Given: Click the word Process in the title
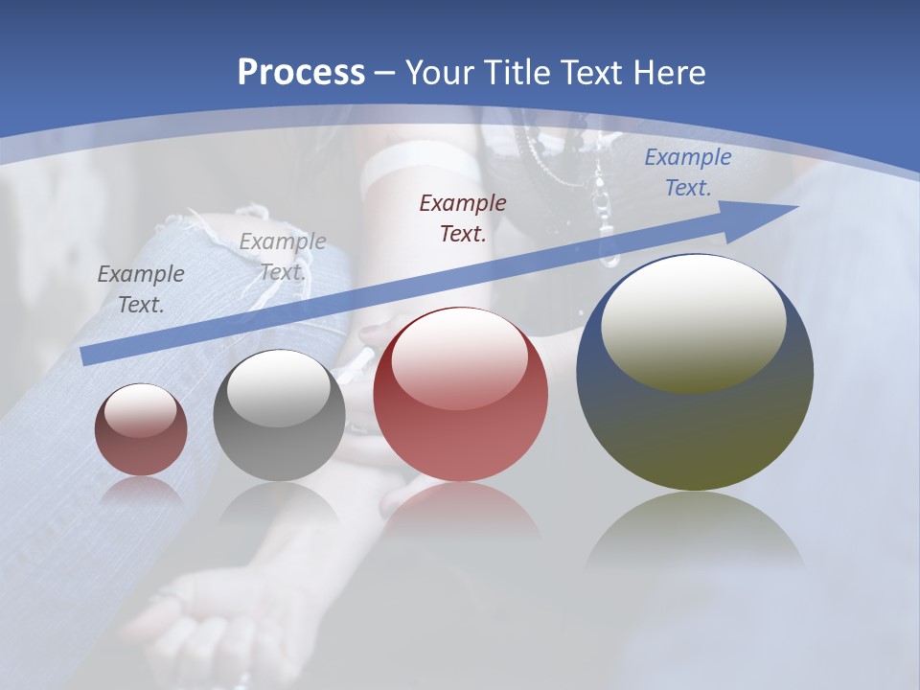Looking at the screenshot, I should point(301,72).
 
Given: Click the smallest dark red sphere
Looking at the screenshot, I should point(141,430).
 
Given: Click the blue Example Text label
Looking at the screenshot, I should point(687,172).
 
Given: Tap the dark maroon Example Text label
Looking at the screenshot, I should point(463,218).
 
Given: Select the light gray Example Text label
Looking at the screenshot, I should point(283,256).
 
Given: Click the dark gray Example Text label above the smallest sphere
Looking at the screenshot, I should point(141,288).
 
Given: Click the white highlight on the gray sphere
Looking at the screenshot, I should point(278,388).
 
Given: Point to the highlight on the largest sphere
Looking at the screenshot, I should point(693,324).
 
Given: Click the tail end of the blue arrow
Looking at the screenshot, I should point(89,356).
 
